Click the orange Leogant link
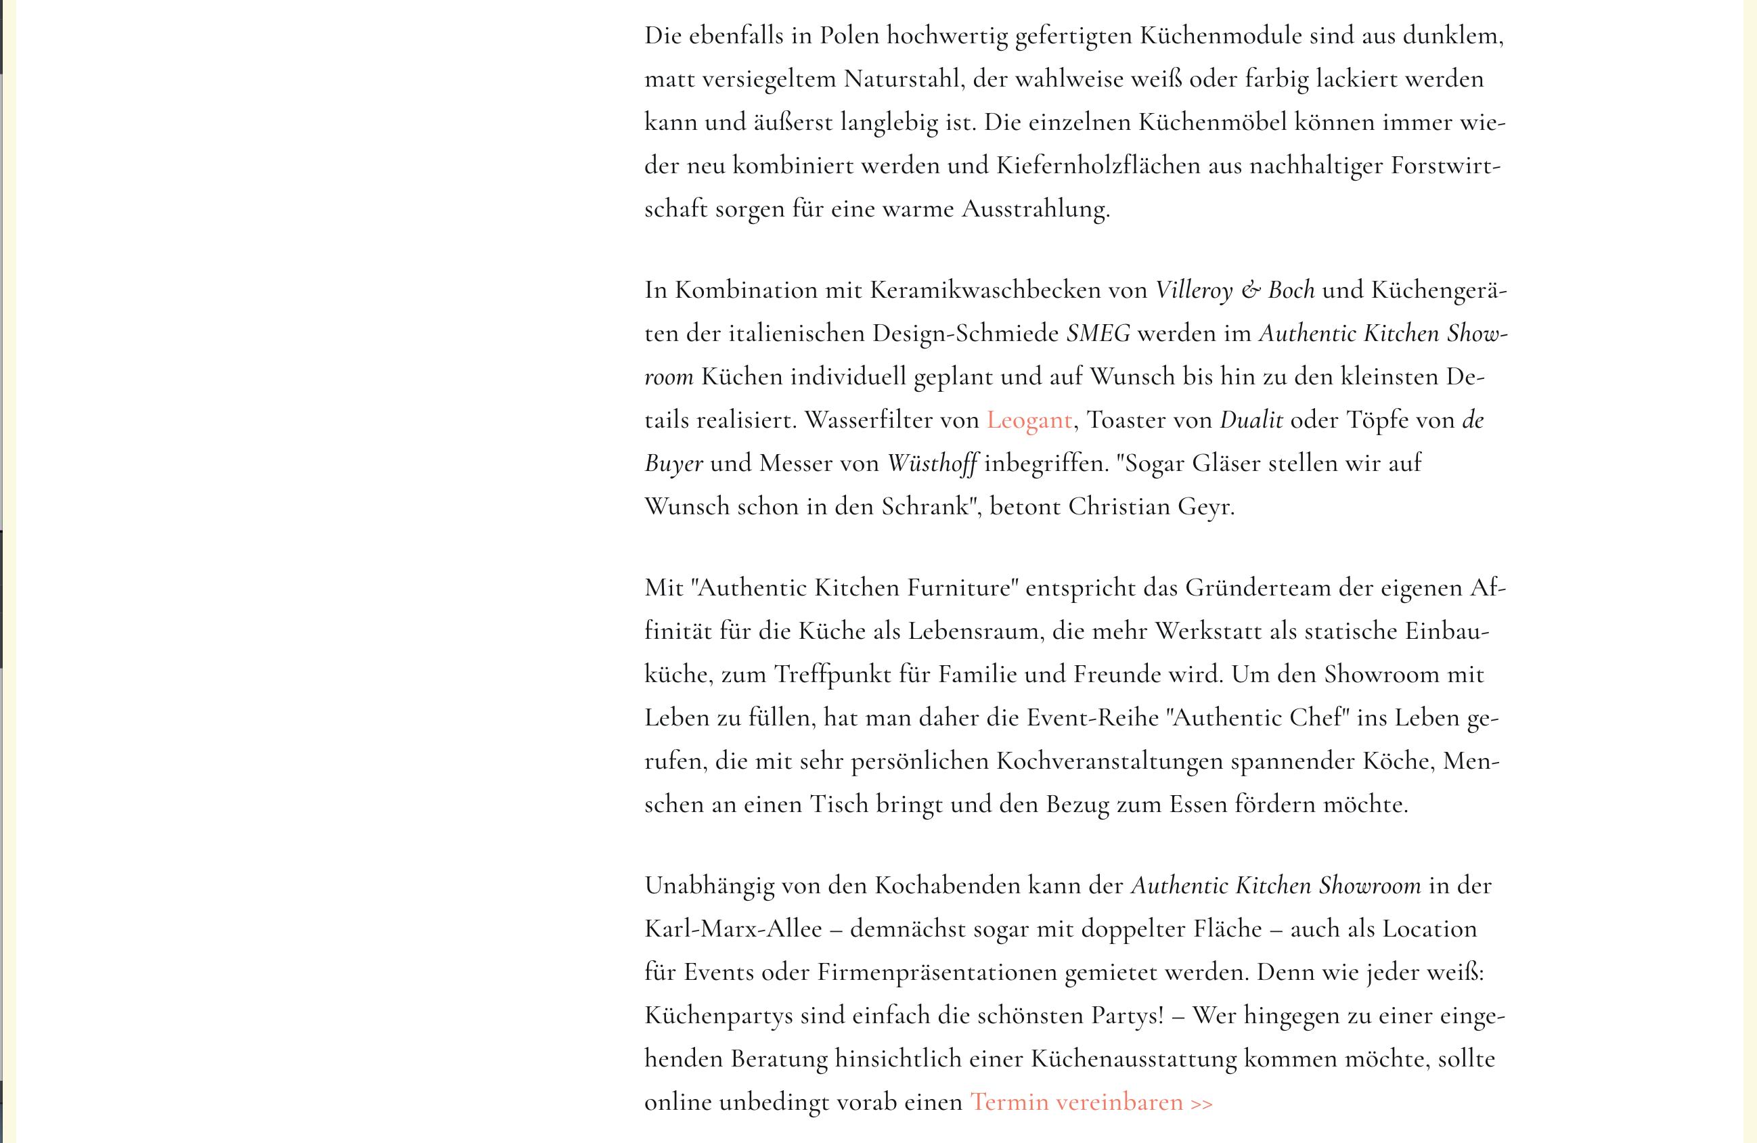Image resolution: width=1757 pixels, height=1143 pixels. click(1029, 420)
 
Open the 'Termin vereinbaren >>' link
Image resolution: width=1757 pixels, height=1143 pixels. click(1091, 1102)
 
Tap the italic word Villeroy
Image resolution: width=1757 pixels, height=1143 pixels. click(1194, 290)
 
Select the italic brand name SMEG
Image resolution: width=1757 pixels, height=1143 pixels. click(1098, 334)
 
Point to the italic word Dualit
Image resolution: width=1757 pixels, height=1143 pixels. click(1251, 420)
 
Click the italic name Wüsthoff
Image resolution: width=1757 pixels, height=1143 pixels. click(933, 464)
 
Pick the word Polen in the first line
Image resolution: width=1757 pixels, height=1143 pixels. click(849, 36)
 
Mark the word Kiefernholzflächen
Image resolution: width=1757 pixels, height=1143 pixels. click(1098, 165)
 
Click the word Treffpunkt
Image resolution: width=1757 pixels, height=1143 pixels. click(832, 675)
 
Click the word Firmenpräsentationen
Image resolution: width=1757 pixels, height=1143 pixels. click(937, 972)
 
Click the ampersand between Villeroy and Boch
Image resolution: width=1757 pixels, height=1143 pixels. click(1251, 290)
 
